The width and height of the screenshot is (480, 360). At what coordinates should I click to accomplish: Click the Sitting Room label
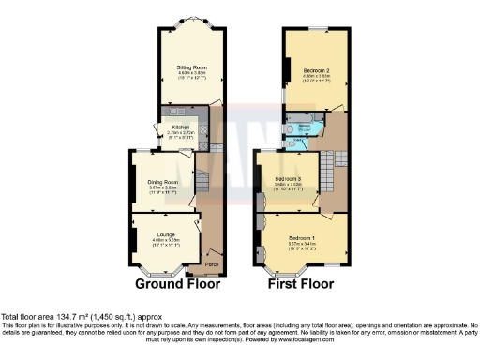[x=191, y=67]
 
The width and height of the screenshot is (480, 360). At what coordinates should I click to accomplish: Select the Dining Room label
[x=164, y=183]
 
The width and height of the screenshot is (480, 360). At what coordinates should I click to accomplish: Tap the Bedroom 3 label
[x=287, y=178]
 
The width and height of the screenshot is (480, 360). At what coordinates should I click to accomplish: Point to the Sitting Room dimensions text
[x=191, y=76]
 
